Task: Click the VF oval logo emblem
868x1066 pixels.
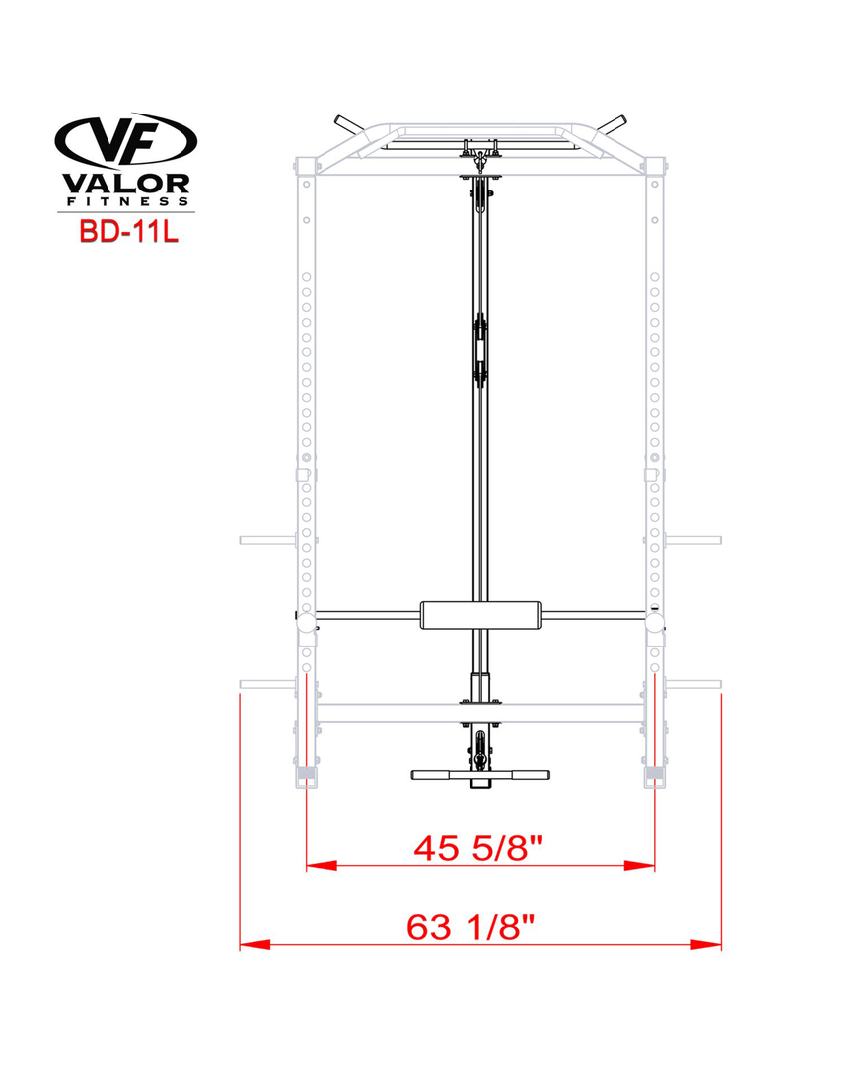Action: point(125,141)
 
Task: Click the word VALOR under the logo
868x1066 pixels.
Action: point(125,184)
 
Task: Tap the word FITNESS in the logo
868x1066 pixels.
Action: point(127,202)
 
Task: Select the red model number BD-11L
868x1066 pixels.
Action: point(128,231)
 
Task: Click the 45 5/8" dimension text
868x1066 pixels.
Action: point(478,848)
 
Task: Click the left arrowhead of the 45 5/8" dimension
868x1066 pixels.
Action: point(322,866)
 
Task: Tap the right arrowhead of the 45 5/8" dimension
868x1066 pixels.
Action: point(639,866)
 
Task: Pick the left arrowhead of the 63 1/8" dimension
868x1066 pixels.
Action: point(254,945)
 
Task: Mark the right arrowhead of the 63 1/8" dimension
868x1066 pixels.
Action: point(705,945)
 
